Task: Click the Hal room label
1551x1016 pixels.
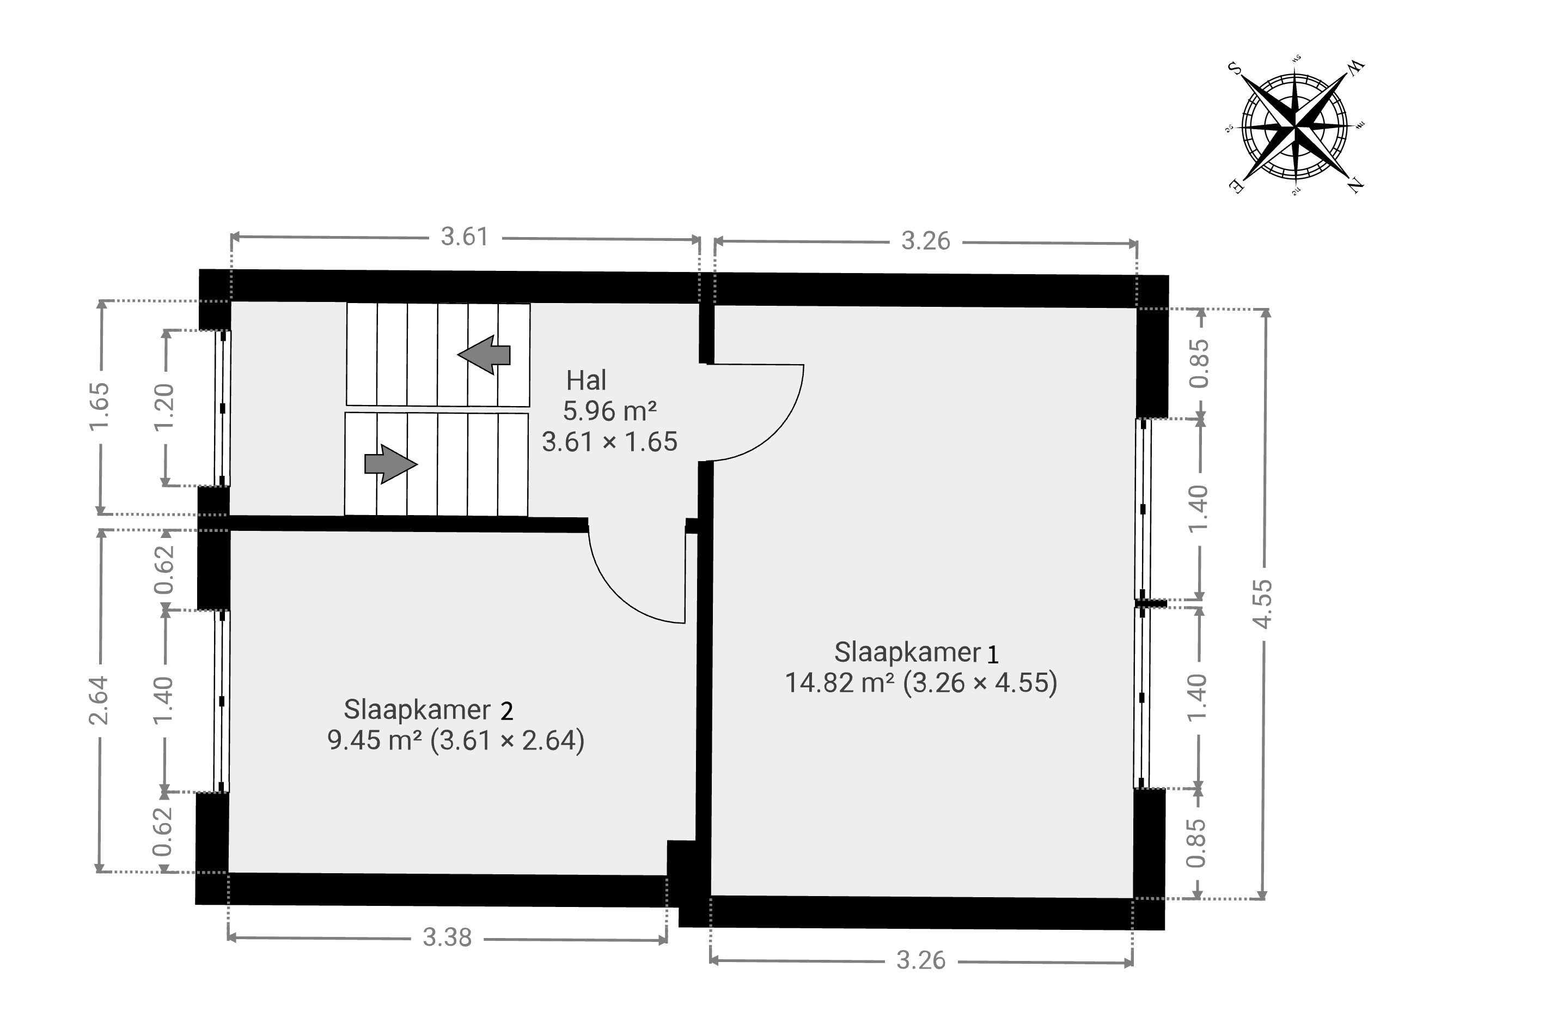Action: pyautogui.click(x=587, y=380)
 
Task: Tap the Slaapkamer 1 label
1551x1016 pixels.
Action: pyautogui.click(x=916, y=653)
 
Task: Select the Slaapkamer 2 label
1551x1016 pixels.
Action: pyautogui.click(x=428, y=710)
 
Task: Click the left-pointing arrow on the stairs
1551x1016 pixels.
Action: pyautogui.click(x=484, y=355)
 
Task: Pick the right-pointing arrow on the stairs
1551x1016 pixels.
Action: pyautogui.click(x=391, y=464)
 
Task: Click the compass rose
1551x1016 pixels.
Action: pyautogui.click(x=1295, y=126)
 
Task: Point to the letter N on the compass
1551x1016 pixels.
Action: pyautogui.click(x=1355, y=185)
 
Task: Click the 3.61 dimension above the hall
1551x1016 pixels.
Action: pyautogui.click(x=464, y=237)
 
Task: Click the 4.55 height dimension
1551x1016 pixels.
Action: pyautogui.click(x=1263, y=604)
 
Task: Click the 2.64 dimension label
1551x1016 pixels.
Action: pyautogui.click(x=99, y=700)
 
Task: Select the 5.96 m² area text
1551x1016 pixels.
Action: pyautogui.click(x=609, y=412)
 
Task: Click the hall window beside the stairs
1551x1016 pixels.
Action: pyautogui.click(x=223, y=408)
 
